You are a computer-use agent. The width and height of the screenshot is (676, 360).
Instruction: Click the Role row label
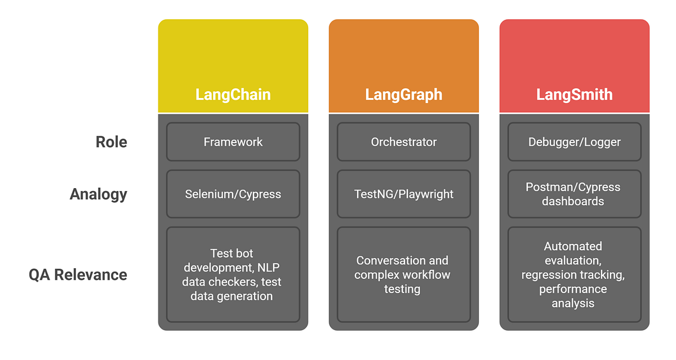[111, 142]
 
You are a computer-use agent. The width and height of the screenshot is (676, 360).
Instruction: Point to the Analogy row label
[99, 194]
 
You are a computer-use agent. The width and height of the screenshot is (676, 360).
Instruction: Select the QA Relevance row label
[78, 275]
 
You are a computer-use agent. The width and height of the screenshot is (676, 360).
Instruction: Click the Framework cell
[233, 142]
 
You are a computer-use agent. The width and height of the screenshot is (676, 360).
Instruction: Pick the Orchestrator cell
[403, 142]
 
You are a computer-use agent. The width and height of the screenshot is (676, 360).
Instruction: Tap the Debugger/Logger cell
[574, 142]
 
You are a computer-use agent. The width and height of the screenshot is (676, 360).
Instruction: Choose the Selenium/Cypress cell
[233, 194]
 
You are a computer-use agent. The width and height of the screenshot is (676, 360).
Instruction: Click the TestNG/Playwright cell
[403, 194]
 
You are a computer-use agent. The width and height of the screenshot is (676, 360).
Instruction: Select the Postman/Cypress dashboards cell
[574, 194]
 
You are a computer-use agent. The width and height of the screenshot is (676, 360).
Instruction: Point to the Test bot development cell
[233, 275]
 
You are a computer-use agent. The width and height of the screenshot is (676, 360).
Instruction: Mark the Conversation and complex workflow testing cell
[403, 275]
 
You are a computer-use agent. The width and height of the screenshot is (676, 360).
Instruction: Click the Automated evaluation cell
[574, 275]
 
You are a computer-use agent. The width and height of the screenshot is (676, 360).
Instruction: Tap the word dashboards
[573, 201]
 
